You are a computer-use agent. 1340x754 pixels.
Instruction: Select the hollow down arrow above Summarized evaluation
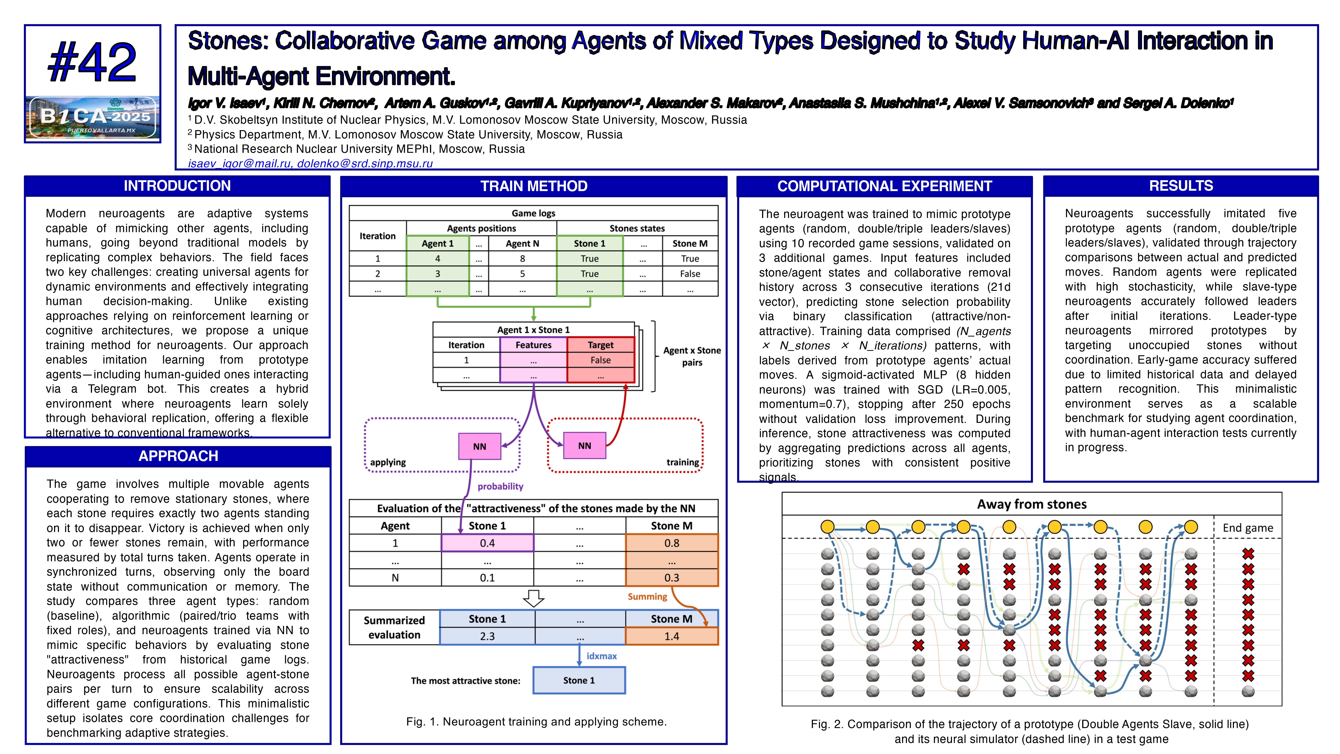533,598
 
